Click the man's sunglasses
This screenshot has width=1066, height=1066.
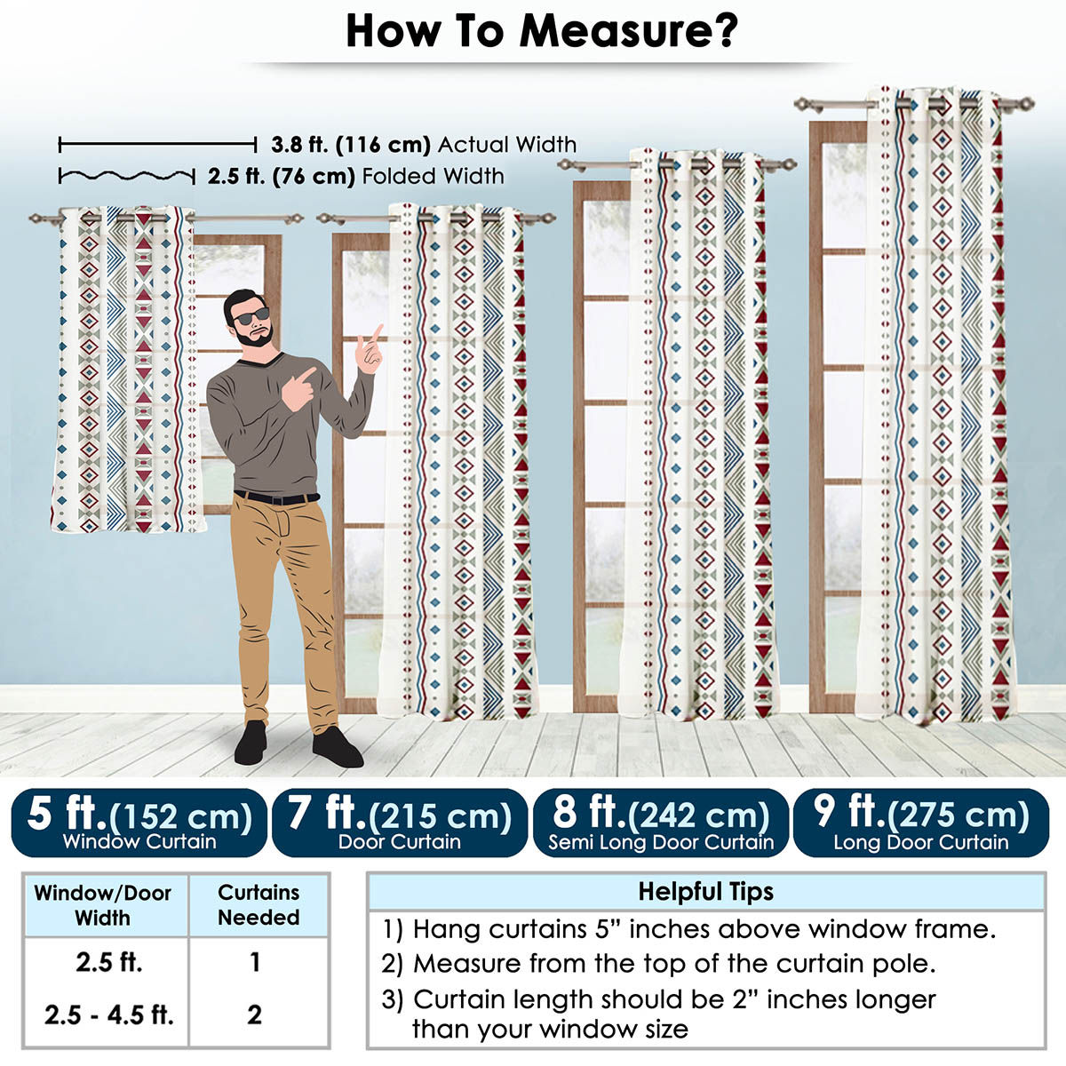point(251,316)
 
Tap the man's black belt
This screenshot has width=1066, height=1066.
point(276,497)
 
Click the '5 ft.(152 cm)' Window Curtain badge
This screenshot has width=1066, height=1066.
point(139,823)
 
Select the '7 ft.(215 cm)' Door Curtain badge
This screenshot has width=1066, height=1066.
point(400,823)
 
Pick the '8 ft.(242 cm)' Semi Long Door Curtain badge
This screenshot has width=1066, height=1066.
point(661,823)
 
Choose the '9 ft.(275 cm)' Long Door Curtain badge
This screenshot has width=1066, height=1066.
point(921,823)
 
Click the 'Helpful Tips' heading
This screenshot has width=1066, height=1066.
point(706,892)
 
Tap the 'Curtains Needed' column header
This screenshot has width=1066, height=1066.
point(259,905)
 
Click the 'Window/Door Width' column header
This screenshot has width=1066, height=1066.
point(103,905)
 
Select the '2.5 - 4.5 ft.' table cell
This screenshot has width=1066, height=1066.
point(109,1015)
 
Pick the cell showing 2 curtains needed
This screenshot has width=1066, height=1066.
point(254,1015)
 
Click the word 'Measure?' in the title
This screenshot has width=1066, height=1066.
point(628,32)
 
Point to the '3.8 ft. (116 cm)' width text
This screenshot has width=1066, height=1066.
point(351,145)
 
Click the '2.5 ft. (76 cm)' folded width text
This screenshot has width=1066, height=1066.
point(281,177)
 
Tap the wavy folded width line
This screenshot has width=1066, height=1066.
point(127,177)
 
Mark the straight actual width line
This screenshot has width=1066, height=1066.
point(157,146)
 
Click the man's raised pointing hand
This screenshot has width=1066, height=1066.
point(370,351)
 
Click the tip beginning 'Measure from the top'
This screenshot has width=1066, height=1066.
point(658,964)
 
